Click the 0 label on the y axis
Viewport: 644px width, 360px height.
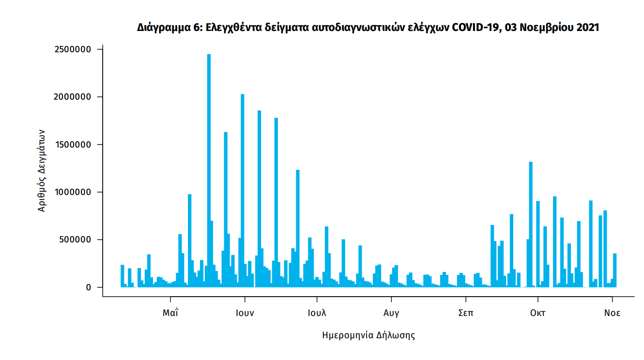click(x=88, y=287)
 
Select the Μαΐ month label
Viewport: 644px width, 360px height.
click(x=170, y=313)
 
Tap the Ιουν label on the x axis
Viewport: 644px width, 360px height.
click(x=245, y=313)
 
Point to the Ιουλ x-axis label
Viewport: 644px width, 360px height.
click(x=317, y=313)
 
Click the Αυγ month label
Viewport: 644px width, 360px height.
click(x=391, y=313)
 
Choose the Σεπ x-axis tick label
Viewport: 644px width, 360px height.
click(x=466, y=313)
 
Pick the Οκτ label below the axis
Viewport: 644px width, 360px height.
click(x=537, y=313)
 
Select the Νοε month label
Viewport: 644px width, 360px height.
click(x=612, y=313)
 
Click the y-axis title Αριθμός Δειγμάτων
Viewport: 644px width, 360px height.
click(x=42, y=170)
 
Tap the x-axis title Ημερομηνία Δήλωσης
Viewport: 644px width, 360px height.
click(x=368, y=335)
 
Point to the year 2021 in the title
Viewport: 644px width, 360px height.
click(x=588, y=28)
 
